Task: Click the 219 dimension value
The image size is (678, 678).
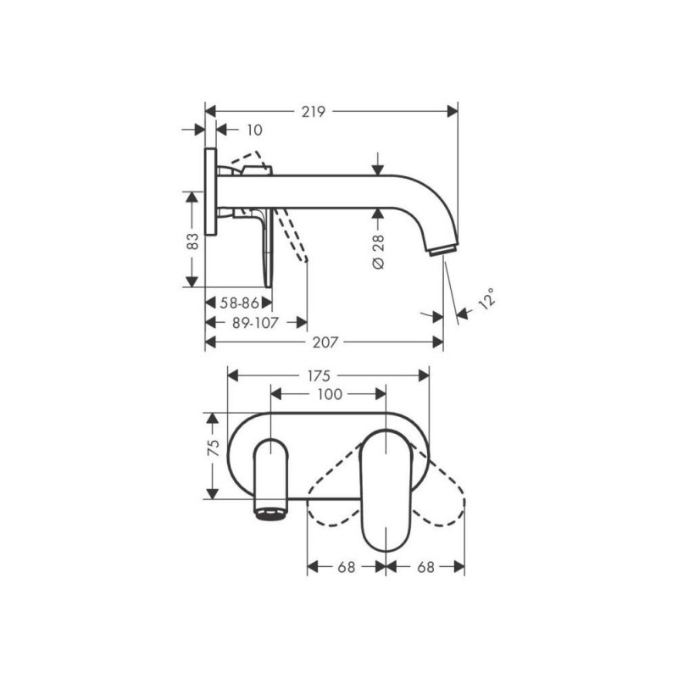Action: pyautogui.click(x=313, y=112)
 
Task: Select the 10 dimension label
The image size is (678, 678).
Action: pyautogui.click(x=254, y=131)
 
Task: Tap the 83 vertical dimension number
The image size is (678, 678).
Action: pyautogui.click(x=192, y=241)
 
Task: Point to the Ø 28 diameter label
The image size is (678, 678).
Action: pyautogui.click(x=378, y=252)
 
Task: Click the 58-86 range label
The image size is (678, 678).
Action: pyautogui.click(x=239, y=303)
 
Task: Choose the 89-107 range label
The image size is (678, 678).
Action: pyautogui.click(x=255, y=323)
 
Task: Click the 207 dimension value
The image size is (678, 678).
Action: pyautogui.click(x=325, y=343)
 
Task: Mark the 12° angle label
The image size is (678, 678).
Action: pyautogui.click(x=486, y=298)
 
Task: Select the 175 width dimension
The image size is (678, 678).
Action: pyautogui.click(x=319, y=375)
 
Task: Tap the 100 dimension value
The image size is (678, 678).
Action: pyautogui.click(x=330, y=394)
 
